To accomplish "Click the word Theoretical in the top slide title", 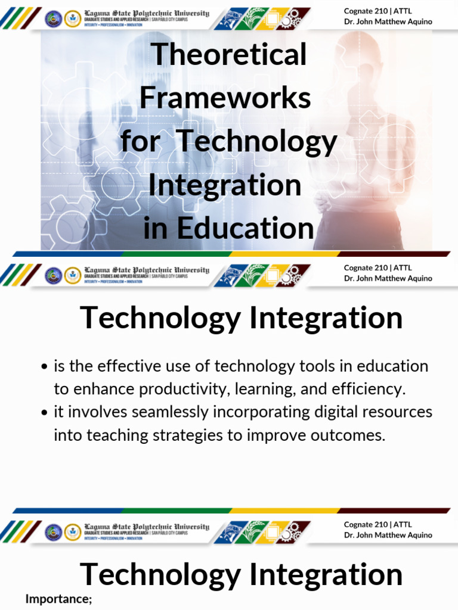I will (229, 55).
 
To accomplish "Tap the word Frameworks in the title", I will (225, 98).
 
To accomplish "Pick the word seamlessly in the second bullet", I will (151, 412).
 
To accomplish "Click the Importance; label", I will (58, 599).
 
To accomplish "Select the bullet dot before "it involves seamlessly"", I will (45, 413).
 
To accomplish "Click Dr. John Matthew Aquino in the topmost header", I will (388, 22).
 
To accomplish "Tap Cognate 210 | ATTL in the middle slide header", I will (377, 268).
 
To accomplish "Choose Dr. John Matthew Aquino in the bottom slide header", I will (388, 535).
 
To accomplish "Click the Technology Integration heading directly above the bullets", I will (241, 318).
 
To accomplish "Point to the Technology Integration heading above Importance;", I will (241, 574).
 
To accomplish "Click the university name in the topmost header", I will (147, 13).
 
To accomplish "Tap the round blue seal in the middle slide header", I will (54, 275).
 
